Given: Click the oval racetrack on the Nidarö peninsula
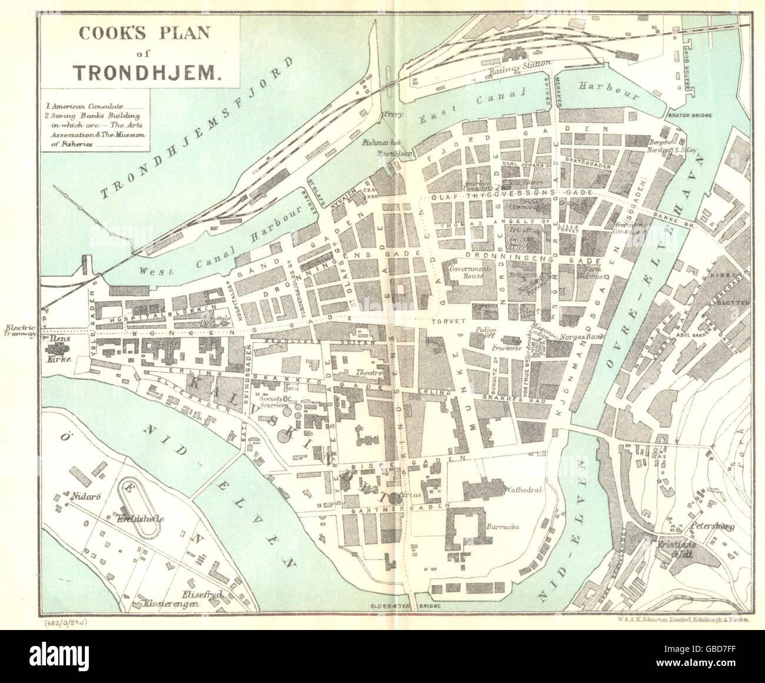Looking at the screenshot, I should tap(140, 506).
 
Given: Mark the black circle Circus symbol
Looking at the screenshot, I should tap(393, 497).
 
